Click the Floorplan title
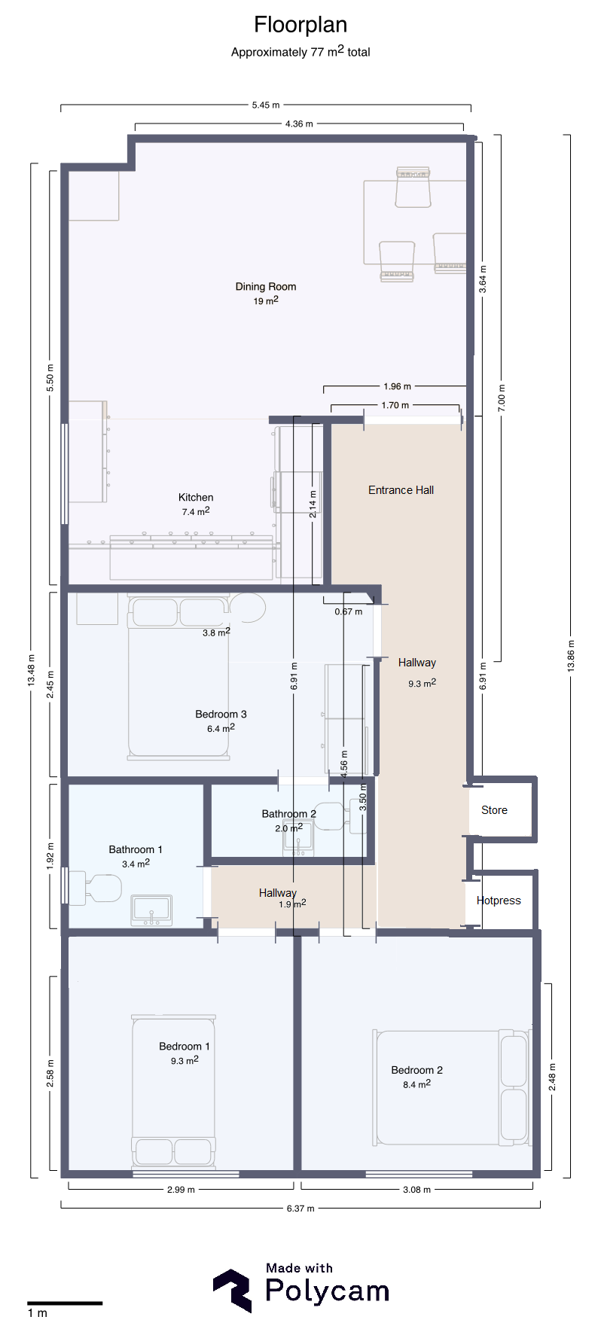(300, 25)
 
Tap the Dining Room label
(266, 286)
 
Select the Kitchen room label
(196, 497)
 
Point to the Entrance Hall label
(401, 489)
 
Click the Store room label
(494, 810)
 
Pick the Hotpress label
(499, 901)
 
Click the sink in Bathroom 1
(151, 910)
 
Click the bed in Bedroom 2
(451, 1087)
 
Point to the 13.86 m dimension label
(571, 655)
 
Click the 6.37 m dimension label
(300, 1208)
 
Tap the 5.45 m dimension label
(266, 105)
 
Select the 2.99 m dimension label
(181, 1190)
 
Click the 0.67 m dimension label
(349, 611)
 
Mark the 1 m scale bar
(65, 1303)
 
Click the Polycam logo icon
(233, 1291)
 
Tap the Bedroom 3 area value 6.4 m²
(221, 728)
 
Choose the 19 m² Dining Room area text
(266, 300)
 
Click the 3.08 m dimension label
(417, 1190)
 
